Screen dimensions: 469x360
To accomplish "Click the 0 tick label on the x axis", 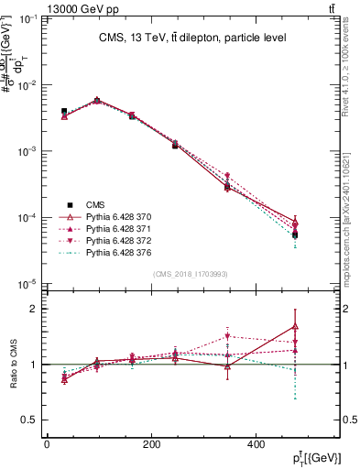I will pyautogui.click(x=48, y=444).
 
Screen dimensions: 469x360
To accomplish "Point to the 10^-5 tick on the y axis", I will pyautogui.click(x=28, y=284).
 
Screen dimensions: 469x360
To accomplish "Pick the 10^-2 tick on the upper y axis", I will pyautogui.click(x=28, y=85).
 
